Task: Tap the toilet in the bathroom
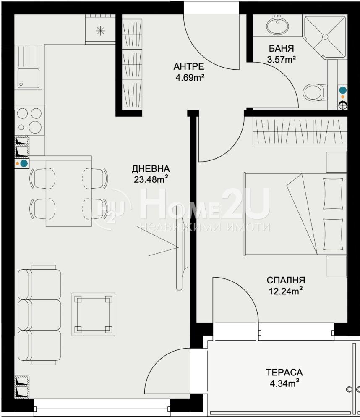click(x=315, y=92)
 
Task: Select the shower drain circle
click(x=325, y=37)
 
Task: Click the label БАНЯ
click(x=281, y=48)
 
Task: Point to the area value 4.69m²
click(x=190, y=78)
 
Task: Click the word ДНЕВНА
click(x=151, y=169)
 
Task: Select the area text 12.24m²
click(x=286, y=291)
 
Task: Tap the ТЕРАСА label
click(x=284, y=372)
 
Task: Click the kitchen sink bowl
click(x=29, y=78)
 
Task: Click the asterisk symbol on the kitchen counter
click(x=100, y=31)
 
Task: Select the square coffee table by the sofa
click(x=93, y=314)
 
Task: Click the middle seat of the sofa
click(x=39, y=315)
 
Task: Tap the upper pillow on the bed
click(x=333, y=194)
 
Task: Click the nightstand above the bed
click(x=337, y=162)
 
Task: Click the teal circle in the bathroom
click(x=343, y=90)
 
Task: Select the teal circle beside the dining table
click(x=24, y=163)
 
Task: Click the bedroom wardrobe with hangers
click(x=300, y=132)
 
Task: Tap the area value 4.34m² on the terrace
click(x=284, y=383)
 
